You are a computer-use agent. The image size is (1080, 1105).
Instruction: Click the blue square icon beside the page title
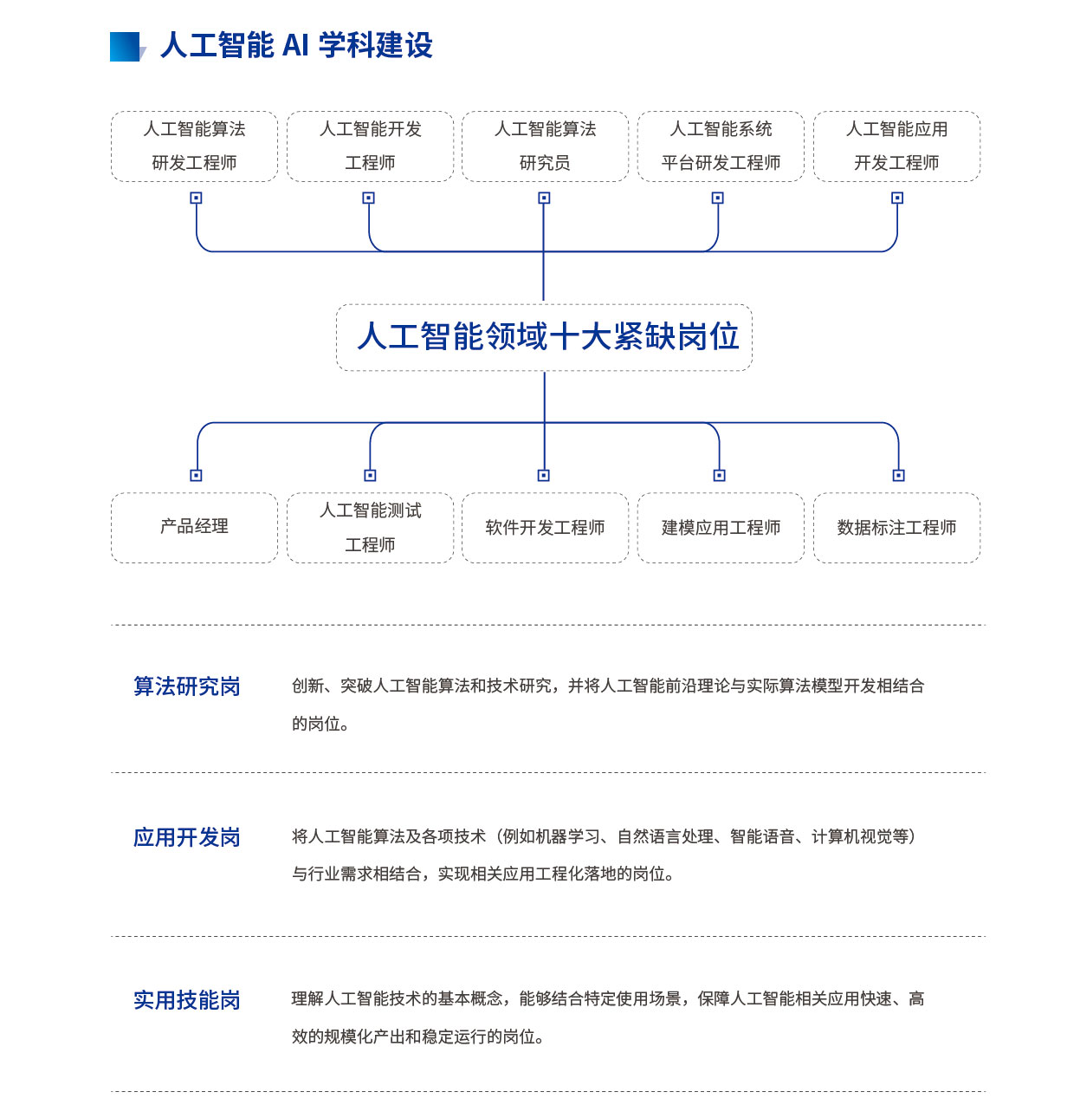126,47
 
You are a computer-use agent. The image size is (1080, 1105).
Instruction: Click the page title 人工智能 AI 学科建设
296,45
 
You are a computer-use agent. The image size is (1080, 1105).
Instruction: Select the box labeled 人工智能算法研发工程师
195,146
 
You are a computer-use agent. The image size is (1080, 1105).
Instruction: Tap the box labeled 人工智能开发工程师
370,146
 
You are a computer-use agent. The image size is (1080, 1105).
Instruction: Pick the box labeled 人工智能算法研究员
545,146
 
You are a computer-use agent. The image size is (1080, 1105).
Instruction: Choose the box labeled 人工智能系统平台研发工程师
721,146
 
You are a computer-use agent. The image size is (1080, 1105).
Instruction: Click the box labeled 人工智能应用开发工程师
896,146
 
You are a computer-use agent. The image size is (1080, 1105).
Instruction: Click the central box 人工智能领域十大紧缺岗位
544,337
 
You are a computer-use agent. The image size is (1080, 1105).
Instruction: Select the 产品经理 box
195,528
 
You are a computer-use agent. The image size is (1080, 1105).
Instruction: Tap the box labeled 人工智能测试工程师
370,528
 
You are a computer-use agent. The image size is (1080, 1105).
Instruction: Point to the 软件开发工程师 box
545,528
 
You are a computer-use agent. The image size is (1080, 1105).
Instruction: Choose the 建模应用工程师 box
721,528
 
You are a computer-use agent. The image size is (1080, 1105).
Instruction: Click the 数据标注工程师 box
896,528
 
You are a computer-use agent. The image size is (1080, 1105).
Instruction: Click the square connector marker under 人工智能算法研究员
544,198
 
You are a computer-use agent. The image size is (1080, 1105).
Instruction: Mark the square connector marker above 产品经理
196,475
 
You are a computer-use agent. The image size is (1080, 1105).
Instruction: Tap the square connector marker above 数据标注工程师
898,475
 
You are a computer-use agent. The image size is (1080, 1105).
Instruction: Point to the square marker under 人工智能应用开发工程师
897,198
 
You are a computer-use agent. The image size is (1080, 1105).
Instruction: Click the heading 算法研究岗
187,686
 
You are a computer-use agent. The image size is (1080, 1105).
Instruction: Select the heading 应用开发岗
187,837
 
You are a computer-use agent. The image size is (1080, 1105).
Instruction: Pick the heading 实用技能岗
187,1000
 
